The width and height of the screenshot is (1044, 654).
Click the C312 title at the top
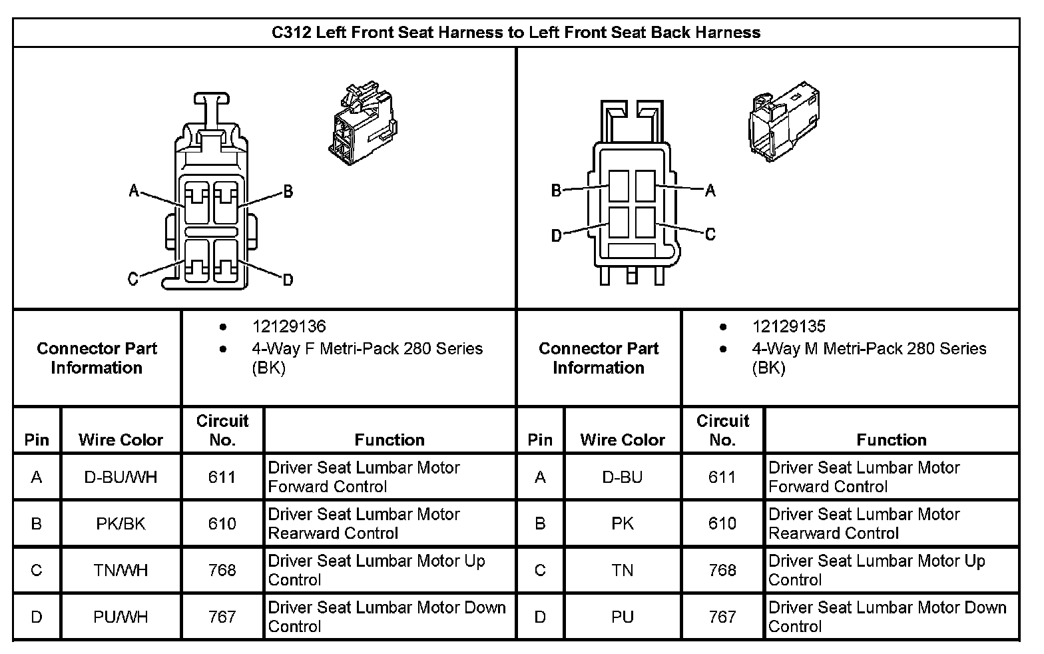click(516, 32)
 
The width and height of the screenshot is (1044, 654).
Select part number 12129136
click(289, 326)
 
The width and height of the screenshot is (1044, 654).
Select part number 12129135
click(789, 326)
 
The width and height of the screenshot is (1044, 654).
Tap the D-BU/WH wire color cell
click(121, 477)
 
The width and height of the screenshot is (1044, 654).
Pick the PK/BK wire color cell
click(121, 523)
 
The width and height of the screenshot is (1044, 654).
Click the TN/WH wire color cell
click(121, 570)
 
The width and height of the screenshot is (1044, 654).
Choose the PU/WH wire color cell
click(121, 617)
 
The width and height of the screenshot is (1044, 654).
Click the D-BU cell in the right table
click(623, 477)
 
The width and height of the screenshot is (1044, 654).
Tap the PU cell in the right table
click(623, 617)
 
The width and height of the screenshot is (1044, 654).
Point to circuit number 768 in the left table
click(222, 570)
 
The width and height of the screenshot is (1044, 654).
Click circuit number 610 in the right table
click(722, 523)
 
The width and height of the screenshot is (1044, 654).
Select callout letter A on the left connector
click(134, 192)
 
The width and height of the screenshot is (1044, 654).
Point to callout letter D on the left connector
click(288, 280)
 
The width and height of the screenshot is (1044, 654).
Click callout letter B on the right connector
click(557, 191)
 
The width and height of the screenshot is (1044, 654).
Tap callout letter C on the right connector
click(710, 234)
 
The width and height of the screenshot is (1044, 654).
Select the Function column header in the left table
click(390, 440)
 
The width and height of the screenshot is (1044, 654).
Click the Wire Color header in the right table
click(623, 440)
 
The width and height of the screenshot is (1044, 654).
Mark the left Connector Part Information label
click(97, 358)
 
